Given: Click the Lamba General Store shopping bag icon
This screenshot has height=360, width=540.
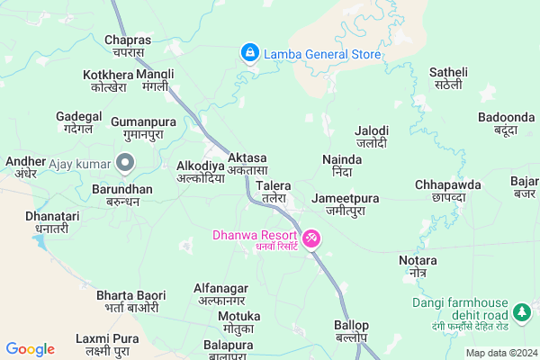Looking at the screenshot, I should click(x=248, y=54).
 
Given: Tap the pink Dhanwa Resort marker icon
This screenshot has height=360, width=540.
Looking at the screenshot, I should click(x=310, y=238).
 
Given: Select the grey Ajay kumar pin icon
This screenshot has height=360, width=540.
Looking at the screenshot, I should click(x=125, y=164).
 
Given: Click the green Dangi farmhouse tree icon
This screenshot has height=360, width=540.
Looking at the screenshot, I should click(x=520, y=312).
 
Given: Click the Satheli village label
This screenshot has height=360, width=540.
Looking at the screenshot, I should click(x=448, y=78).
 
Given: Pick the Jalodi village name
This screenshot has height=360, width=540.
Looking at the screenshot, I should click(x=372, y=136).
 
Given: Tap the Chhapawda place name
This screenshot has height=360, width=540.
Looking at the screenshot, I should click(x=448, y=190).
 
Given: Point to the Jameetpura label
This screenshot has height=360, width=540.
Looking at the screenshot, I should click(x=345, y=203).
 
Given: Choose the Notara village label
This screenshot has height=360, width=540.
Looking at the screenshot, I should click(x=417, y=266).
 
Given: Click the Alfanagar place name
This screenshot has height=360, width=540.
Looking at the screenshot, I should click(x=220, y=293).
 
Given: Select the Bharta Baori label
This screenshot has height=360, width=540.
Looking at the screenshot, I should click(x=130, y=301).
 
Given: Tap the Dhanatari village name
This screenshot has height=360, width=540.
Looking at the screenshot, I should click(x=52, y=222).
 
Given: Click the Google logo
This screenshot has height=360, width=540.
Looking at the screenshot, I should click(x=30, y=349).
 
